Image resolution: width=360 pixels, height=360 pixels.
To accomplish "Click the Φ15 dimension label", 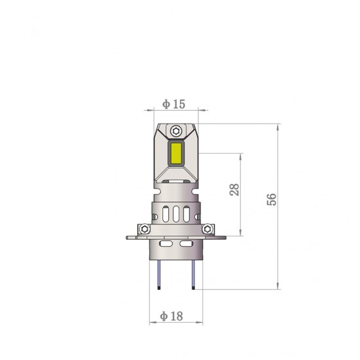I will (x=174, y=104).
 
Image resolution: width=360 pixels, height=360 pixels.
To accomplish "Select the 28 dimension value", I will (x=235, y=190).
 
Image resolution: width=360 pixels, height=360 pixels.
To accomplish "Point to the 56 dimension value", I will (x=272, y=199).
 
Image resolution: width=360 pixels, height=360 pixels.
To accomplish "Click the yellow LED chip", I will (x=177, y=152).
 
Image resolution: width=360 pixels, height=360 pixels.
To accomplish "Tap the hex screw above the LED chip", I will (x=177, y=129).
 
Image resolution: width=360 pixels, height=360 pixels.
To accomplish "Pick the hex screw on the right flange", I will (x=209, y=228).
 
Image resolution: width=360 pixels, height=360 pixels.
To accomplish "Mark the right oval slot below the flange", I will (x=186, y=243).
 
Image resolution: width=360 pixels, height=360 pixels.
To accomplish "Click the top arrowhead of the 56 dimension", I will (x=278, y=126).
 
